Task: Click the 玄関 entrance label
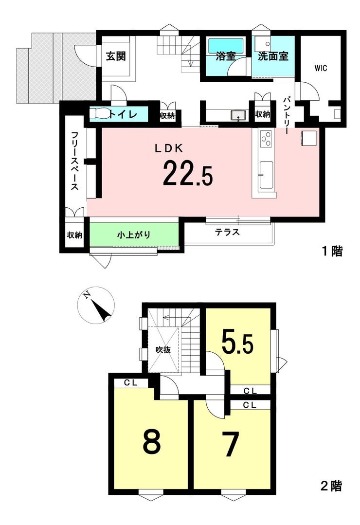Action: pos(116,56)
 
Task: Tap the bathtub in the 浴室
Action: pos(226,45)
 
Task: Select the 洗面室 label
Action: pos(273,56)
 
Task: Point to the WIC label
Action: pos(321,68)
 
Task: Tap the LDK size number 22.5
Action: pos(187,173)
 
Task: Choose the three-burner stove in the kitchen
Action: pos(267,139)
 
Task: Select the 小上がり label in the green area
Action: pos(134,235)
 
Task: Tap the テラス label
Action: pos(227,232)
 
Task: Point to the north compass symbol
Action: pos(96,305)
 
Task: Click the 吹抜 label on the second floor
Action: pos(163,350)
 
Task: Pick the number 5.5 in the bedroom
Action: pos(237,344)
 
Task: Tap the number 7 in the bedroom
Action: pos(232,444)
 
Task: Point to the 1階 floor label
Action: pos(332,251)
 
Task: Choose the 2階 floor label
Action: pos(331,486)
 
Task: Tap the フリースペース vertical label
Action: pos(74,161)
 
